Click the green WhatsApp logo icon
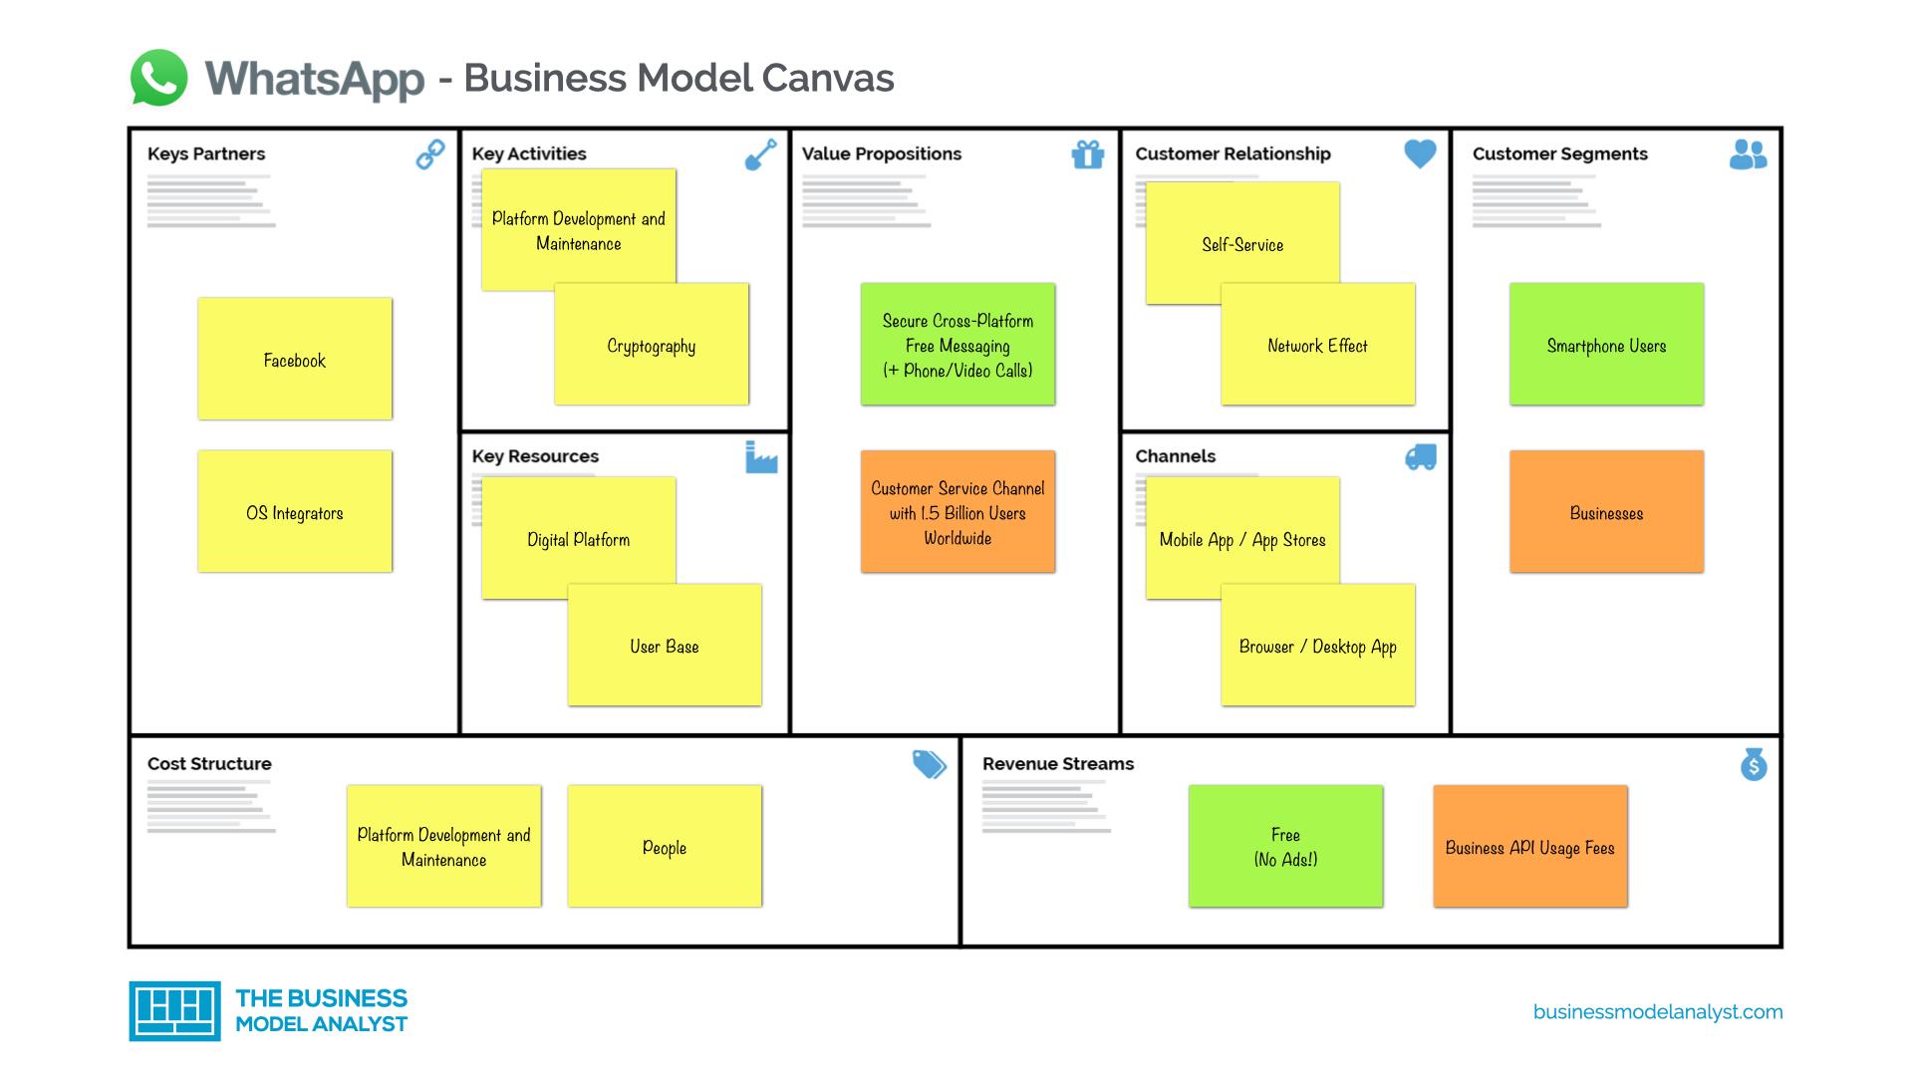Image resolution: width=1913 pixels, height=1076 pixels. click(158, 78)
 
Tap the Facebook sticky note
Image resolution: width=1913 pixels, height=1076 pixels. click(295, 359)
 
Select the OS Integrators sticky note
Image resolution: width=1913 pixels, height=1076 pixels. click(295, 511)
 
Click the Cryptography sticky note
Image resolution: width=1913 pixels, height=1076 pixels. click(652, 345)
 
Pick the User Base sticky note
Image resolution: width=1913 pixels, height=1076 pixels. click(665, 646)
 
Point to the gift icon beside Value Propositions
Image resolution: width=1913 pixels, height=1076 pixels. click(1087, 154)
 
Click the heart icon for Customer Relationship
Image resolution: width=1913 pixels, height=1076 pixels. click(1420, 153)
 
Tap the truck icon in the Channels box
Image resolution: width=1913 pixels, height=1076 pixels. click(1420, 457)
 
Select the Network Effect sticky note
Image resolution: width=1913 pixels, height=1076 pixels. click(1317, 345)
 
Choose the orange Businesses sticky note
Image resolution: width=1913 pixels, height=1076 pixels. click(1606, 511)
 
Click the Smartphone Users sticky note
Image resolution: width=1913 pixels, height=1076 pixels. click(1606, 345)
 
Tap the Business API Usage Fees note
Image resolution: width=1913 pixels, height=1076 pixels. click(1529, 847)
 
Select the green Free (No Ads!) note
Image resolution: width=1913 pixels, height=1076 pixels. click(1285, 847)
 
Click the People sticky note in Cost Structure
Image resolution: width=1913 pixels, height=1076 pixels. click(665, 847)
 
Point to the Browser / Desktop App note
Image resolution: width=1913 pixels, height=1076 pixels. click(1317, 646)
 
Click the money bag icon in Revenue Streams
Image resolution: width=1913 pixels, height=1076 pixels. click(1754, 764)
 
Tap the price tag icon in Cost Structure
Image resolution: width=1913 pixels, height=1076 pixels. click(929, 764)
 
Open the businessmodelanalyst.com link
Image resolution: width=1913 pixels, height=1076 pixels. click(1658, 1012)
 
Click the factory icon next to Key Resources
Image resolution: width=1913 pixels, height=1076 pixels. click(760, 458)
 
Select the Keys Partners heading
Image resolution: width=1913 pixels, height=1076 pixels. click(206, 153)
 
